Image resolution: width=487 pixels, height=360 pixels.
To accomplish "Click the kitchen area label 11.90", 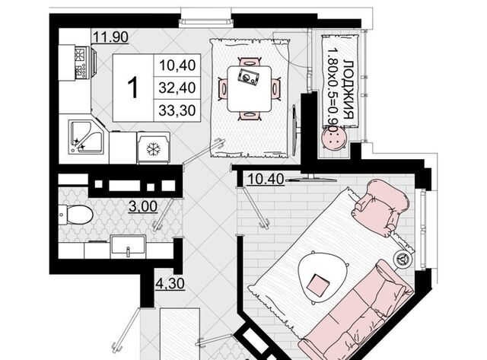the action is pyautogui.click(x=110, y=37).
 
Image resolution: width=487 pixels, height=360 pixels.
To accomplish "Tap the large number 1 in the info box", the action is pyautogui.click(x=133, y=88).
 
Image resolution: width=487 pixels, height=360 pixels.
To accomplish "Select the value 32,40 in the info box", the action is pyautogui.click(x=177, y=88).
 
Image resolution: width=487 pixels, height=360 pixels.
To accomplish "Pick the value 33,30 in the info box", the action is pyautogui.click(x=177, y=110).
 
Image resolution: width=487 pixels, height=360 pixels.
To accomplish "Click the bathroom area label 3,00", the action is pyautogui.click(x=143, y=206).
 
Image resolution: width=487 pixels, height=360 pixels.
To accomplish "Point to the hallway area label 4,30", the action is pyautogui.click(x=170, y=284).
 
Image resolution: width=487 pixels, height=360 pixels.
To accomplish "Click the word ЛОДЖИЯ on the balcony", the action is pyautogui.click(x=350, y=90).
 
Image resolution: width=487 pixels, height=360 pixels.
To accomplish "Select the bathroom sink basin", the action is pyautogui.click(x=128, y=247).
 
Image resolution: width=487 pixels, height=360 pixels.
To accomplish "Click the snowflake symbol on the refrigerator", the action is pyautogui.click(x=153, y=149).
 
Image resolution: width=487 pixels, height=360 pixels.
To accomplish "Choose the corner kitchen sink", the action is pyautogui.click(x=86, y=137).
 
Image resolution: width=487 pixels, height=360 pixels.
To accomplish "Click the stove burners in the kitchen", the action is pyautogui.click(x=81, y=62).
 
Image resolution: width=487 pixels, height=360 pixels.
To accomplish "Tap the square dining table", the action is pyautogui.click(x=249, y=89).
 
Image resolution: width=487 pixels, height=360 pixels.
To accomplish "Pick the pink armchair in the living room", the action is pyautogui.click(x=380, y=205).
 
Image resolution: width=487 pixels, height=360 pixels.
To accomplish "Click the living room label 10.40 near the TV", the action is pyautogui.click(x=266, y=179).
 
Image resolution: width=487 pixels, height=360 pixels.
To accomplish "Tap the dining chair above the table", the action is pyautogui.click(x=249, y=62).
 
